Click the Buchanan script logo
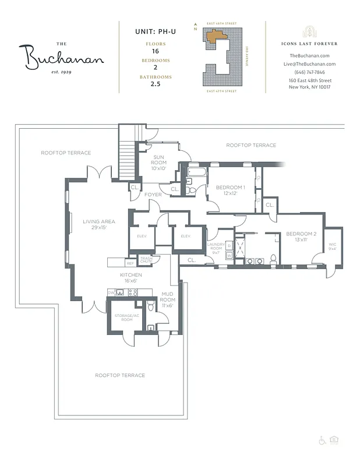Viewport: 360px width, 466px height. pos(64,57)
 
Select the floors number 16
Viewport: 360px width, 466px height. pos(155,51)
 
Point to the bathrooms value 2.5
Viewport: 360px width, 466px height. pos(155,84)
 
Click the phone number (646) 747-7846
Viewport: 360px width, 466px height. pos(309,72)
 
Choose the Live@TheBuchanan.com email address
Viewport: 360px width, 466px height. pos(309,64)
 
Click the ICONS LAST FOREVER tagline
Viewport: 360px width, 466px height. pos(309,44)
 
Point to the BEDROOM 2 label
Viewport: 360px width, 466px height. pos(301,237)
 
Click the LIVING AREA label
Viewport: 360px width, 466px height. pos(98,225)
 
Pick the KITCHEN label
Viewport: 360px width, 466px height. pos(131,278)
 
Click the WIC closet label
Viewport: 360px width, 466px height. pos(333,247)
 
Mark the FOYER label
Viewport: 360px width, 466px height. pos(153,195)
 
